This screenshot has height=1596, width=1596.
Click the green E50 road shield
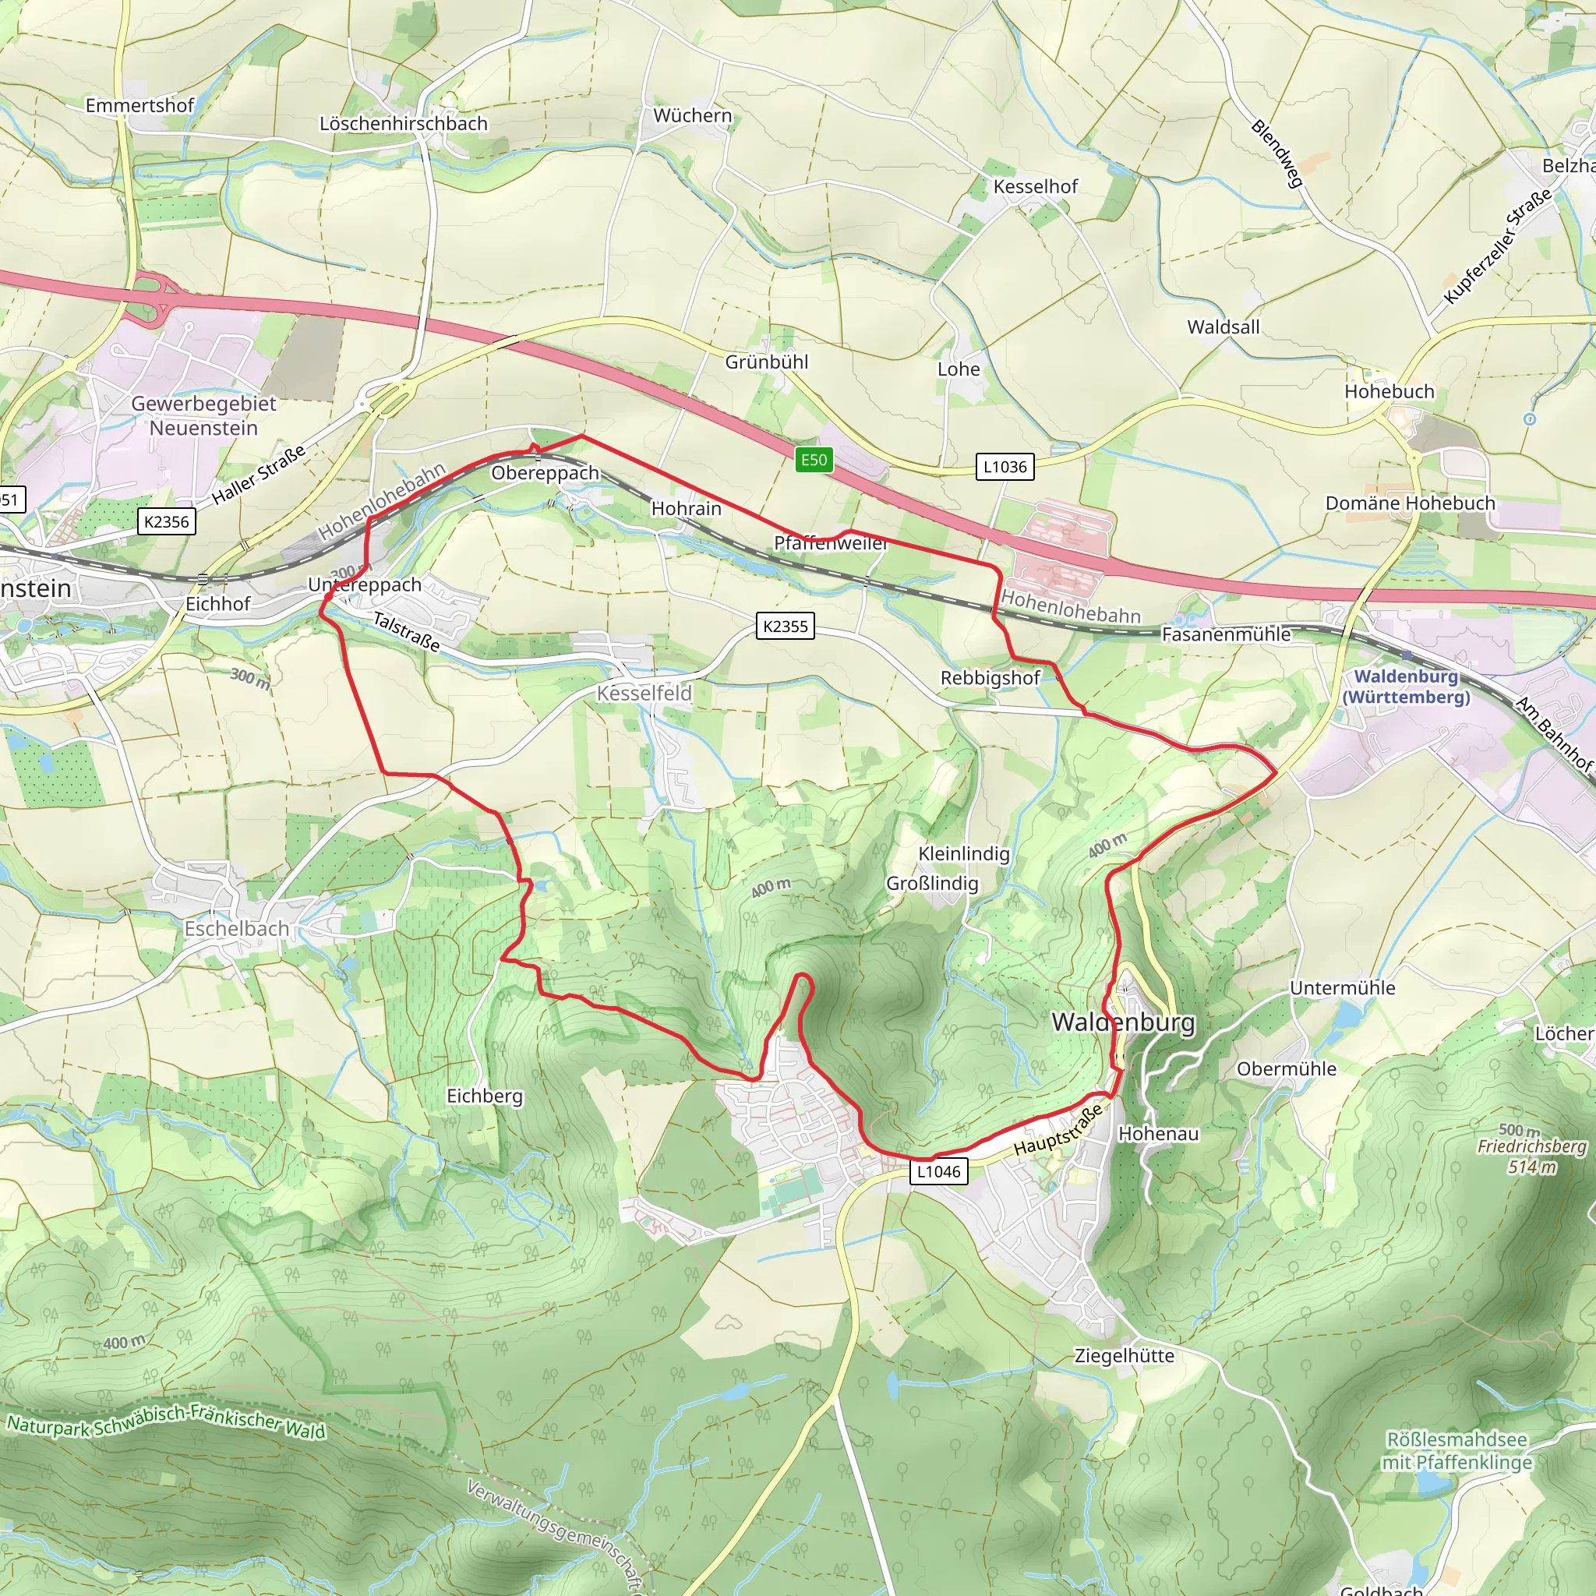[813, 460]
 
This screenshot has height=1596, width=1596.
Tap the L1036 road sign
[1005, 467]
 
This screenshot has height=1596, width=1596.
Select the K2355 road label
[785, 627]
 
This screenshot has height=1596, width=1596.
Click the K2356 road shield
[166, 521]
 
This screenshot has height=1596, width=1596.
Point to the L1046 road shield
[938, 1171]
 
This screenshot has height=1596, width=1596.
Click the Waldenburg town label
[1123, 1022]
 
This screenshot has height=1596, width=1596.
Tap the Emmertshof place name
[139, 106]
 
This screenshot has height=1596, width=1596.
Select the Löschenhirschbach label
[403, 124]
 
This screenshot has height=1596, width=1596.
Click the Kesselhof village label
[1035, 187]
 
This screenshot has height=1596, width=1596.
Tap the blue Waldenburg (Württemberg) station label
[1406, 687]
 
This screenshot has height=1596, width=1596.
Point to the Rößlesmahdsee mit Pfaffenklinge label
[1457, 1450]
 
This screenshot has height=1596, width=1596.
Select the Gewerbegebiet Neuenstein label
[203, 415]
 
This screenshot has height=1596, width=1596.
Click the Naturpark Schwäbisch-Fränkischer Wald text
[165, 1418]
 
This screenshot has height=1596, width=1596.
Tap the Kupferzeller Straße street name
[1498, 246]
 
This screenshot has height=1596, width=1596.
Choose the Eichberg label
[484, 1096]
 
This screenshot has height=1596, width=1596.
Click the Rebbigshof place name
[990, 678]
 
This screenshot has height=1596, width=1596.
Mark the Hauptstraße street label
[1058, 1131]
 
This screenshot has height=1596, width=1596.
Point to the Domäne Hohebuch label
[1409, 503]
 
